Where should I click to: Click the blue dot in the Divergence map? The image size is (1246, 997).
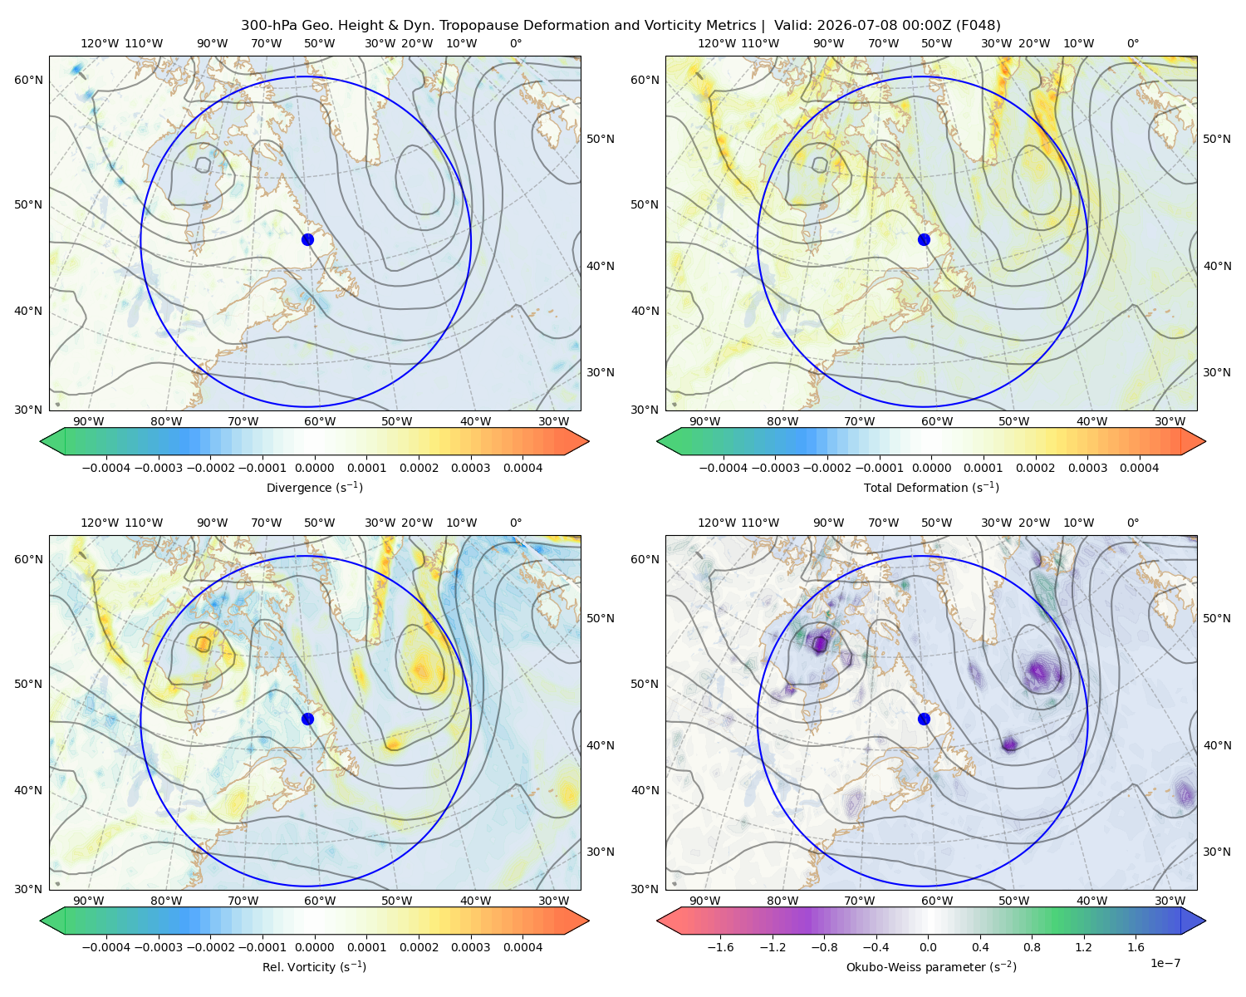pyautogui.click(x=307, y=239)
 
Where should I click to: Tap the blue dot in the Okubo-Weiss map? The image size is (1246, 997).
pyautogui.click(x=924, y=719)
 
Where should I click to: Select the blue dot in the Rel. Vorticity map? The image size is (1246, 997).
pyautogui.click(x=307, y=719)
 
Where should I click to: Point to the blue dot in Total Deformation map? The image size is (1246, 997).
pyautogui.click(x=924, y=239)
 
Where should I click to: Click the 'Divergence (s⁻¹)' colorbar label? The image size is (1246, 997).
pyautogui.click(x=314, y=487)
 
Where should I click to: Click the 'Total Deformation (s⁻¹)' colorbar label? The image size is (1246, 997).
pyautogui.click(x=931, y=487)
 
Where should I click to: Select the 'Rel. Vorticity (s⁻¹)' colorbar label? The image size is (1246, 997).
pyautogui.click(x=314, y=967)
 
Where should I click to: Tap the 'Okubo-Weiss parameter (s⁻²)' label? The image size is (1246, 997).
pyautogui.click(x=931, y=967)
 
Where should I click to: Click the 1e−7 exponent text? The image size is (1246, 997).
pyautogui.click(x=1165, y=963)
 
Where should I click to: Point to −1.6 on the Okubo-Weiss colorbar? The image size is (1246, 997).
pyautogui.click(x=721, y=947)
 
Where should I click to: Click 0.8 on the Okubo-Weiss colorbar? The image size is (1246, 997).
pyautogui.click(x=1032, y=947)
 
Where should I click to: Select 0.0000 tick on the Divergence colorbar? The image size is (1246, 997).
pyautogui.click(x=314, y=468)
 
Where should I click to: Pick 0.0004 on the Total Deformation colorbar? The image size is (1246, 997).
pyautogui.click(x=1140, y=468)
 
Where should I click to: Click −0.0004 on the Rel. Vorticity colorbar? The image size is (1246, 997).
pyautogui.click(x=106, y=947)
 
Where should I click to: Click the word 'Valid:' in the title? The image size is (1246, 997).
pyautogui.click(x=792, y=26)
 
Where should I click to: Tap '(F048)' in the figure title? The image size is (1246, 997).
pyautogui.click(x=979, y=26)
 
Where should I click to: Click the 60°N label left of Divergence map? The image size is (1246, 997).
pyautogui.click(x=28, y=80)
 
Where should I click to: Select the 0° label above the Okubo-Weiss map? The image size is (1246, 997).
pyautogui.click(x=1133, y=523)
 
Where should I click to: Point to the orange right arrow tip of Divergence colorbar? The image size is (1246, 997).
pyautogui.click(x=589, y=441)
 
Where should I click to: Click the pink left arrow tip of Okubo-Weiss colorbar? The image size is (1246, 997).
pyautogui.click(x=657, y=921)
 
